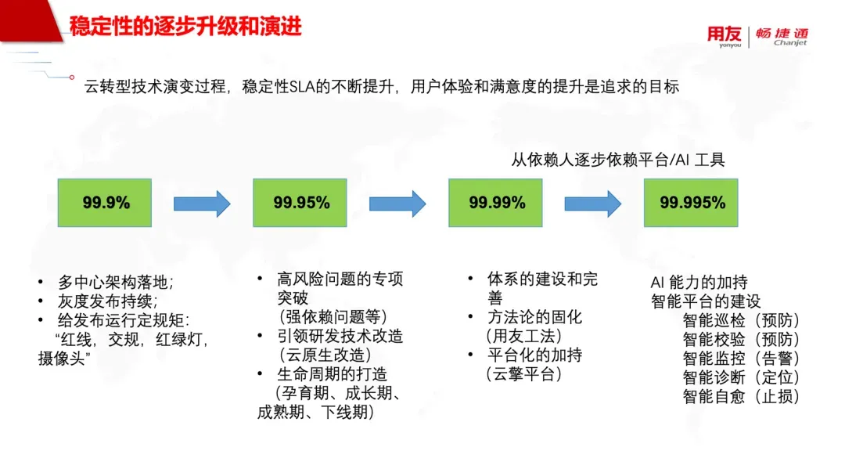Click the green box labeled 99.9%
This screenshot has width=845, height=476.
[105, 203]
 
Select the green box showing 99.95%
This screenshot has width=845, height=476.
[300, 203]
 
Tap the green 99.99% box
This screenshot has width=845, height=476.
[495, 203]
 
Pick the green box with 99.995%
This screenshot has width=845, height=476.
[691, 203]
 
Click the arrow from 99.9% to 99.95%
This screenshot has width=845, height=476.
[202, 204]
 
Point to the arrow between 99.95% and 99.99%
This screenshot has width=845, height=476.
[397, 204]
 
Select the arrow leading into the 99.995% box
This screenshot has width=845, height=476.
[593, 204]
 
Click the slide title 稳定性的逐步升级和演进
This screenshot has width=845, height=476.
[185, 26]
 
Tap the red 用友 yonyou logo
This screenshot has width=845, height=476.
[725, 36]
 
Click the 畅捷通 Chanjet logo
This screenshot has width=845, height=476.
[782, 36]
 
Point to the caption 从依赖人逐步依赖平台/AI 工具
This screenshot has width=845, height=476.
[617, 160]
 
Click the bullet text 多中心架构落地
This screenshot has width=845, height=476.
[115, 282]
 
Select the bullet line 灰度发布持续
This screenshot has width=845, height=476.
[107, 301]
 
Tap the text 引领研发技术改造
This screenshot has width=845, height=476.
[340, 336]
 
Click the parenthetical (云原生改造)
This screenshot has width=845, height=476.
[325, 355]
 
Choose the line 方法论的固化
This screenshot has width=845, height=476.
[534, 317]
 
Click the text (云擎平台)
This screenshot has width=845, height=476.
[523, 373]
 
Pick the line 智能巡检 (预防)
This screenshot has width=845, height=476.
[741, 320]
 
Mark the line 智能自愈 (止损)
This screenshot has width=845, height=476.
[741, 396]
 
